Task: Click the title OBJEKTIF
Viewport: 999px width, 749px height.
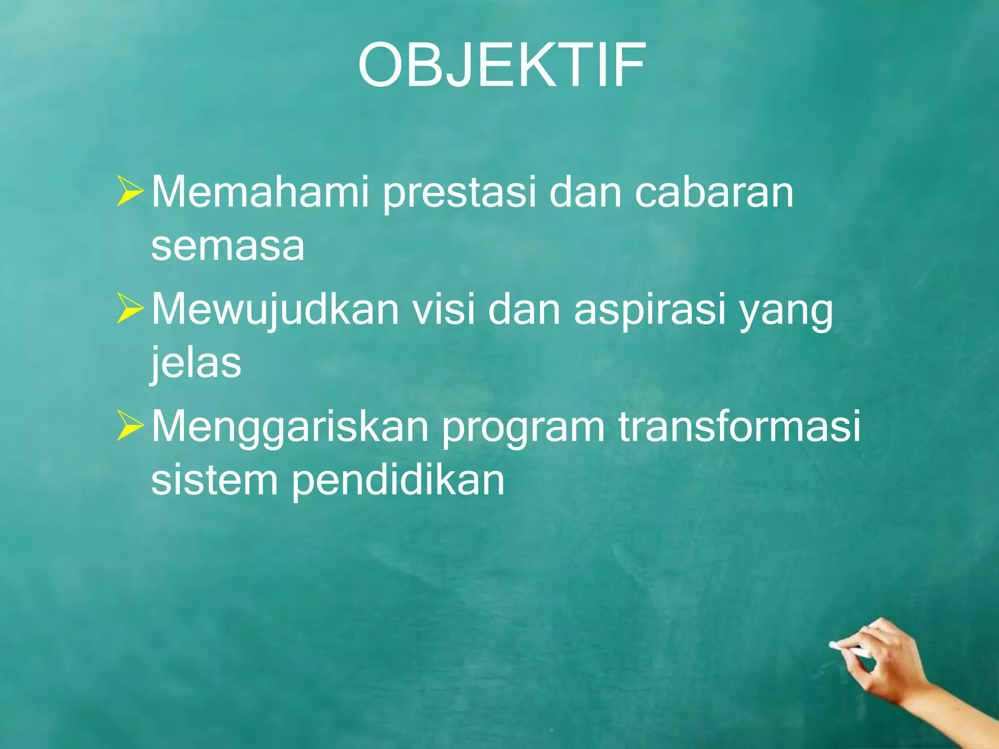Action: (502, 65)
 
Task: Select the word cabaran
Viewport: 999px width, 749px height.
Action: (714, 192)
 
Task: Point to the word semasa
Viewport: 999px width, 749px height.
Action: (228, 247)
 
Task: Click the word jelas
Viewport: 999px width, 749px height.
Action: (196, 363)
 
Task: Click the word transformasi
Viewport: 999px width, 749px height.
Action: (739, 426)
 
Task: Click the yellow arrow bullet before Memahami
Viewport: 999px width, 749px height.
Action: (129, 192)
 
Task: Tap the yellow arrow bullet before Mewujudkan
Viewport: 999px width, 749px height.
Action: (129, 309)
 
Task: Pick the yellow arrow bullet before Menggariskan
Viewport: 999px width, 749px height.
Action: (129, 426)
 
